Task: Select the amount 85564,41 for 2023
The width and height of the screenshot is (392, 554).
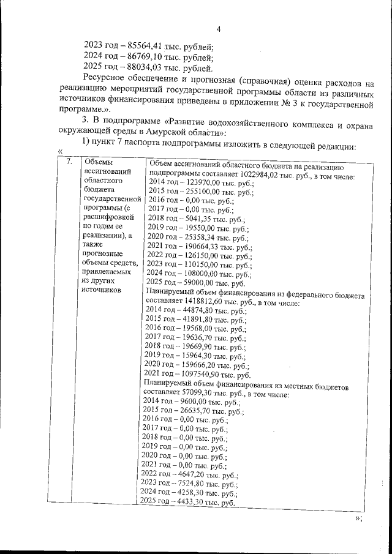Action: coord(144,46)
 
